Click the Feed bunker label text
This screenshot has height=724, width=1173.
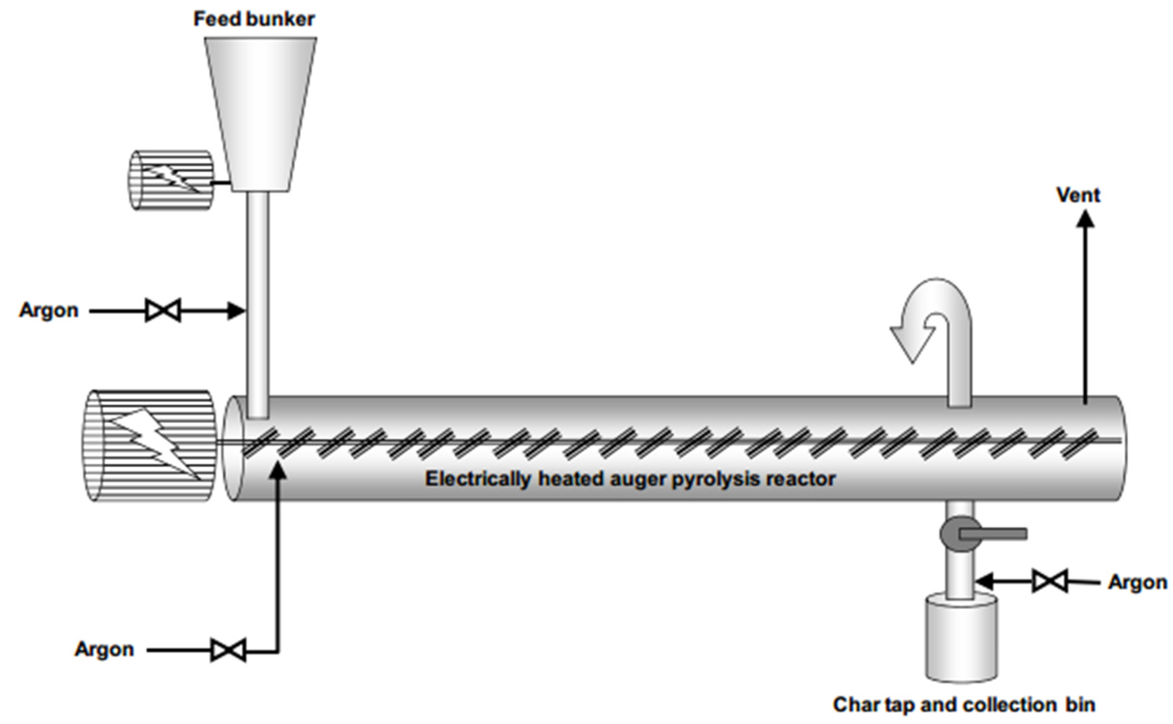coord(254,19)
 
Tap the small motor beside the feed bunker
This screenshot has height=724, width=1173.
coord(171,180)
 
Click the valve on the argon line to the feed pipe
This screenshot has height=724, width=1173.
coord(163,311)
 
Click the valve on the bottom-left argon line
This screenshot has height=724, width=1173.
coord(228,650)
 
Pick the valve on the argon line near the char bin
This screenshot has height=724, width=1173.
coord(1050,581)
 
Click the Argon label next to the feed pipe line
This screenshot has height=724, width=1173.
coord(49,310)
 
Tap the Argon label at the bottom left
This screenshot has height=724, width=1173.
coord(104,649)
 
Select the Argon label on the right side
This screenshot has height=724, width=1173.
coord(1137,582)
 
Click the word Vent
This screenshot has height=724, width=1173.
coord(1078,195)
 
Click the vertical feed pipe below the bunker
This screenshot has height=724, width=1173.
coord(258,297)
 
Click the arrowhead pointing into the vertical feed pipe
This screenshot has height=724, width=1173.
coord(236,311)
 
